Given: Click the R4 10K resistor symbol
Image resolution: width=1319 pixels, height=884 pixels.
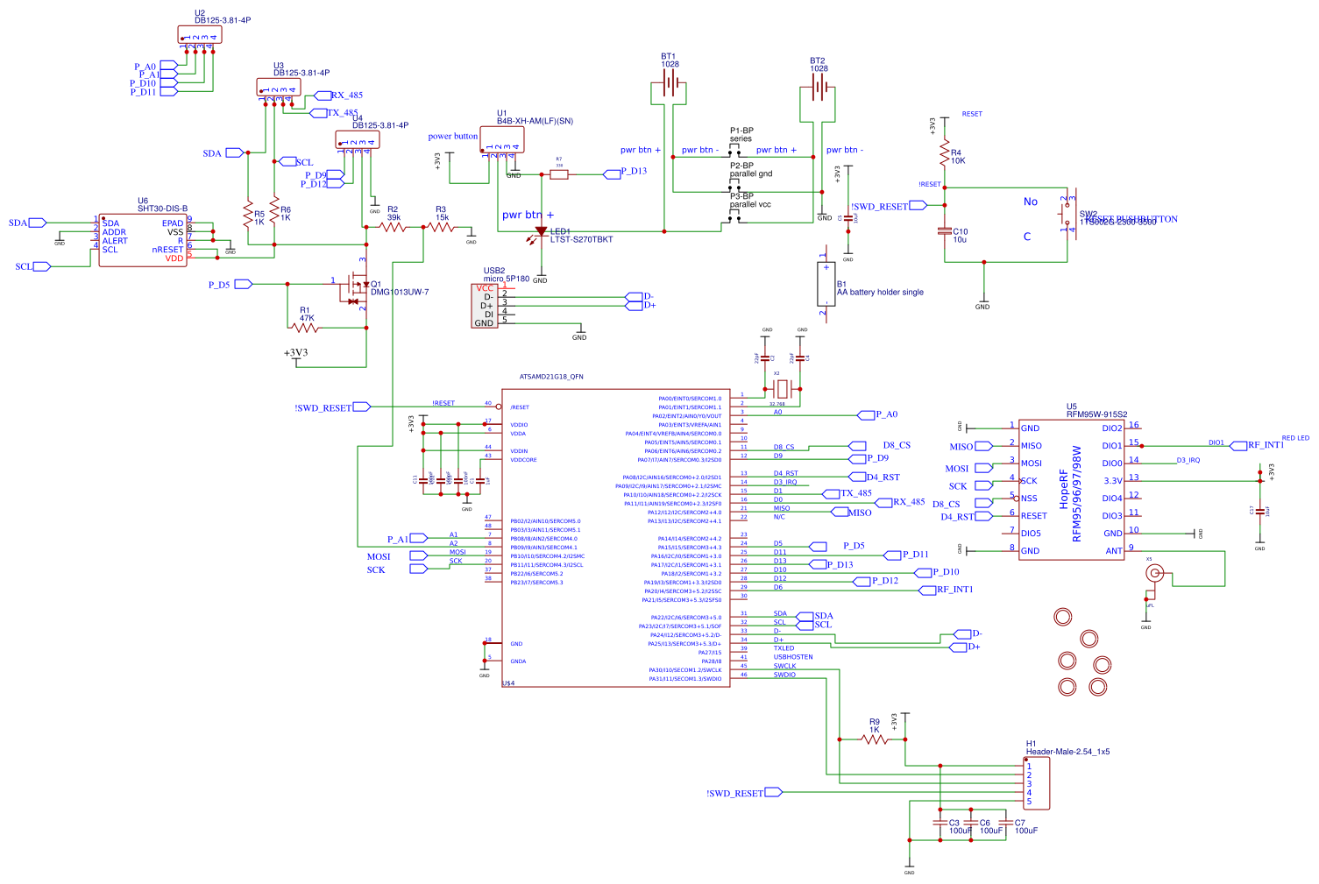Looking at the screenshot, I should tap(945, 154).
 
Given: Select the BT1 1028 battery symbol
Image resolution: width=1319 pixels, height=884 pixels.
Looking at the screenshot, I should tap(670, 85).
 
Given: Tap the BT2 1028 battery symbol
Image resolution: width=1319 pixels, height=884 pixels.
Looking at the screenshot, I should tap(819, 87).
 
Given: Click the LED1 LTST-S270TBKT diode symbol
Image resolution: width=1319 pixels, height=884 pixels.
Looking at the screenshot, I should tap(541, 232).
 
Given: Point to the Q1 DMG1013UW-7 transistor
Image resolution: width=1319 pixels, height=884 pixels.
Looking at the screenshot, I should tap(358, 284).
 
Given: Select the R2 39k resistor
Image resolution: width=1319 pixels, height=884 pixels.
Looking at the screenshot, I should tap(394, 227).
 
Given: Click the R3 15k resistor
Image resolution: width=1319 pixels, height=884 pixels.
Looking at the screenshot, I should tap(441, 227).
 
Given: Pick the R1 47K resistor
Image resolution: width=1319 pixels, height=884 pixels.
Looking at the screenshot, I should tap(305, 328).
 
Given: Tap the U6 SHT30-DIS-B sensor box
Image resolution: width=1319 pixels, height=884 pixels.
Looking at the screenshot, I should tap(143, 240).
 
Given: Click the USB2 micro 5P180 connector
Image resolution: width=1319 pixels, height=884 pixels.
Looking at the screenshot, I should tap(485, 306).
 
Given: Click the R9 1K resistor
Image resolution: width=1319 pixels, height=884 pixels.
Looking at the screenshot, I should tap(874, 739).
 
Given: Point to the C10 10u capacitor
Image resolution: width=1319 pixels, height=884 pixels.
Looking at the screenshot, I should tap(944, 231).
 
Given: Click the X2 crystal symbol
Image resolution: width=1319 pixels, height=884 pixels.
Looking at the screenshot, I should tap(783, 387).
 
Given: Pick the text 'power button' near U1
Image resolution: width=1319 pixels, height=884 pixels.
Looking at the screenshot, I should tap(452, 137).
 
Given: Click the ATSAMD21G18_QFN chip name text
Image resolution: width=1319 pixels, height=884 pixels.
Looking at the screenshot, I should tap(551, 377).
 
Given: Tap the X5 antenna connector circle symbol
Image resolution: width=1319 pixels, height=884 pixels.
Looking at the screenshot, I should tap(1155, 574).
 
